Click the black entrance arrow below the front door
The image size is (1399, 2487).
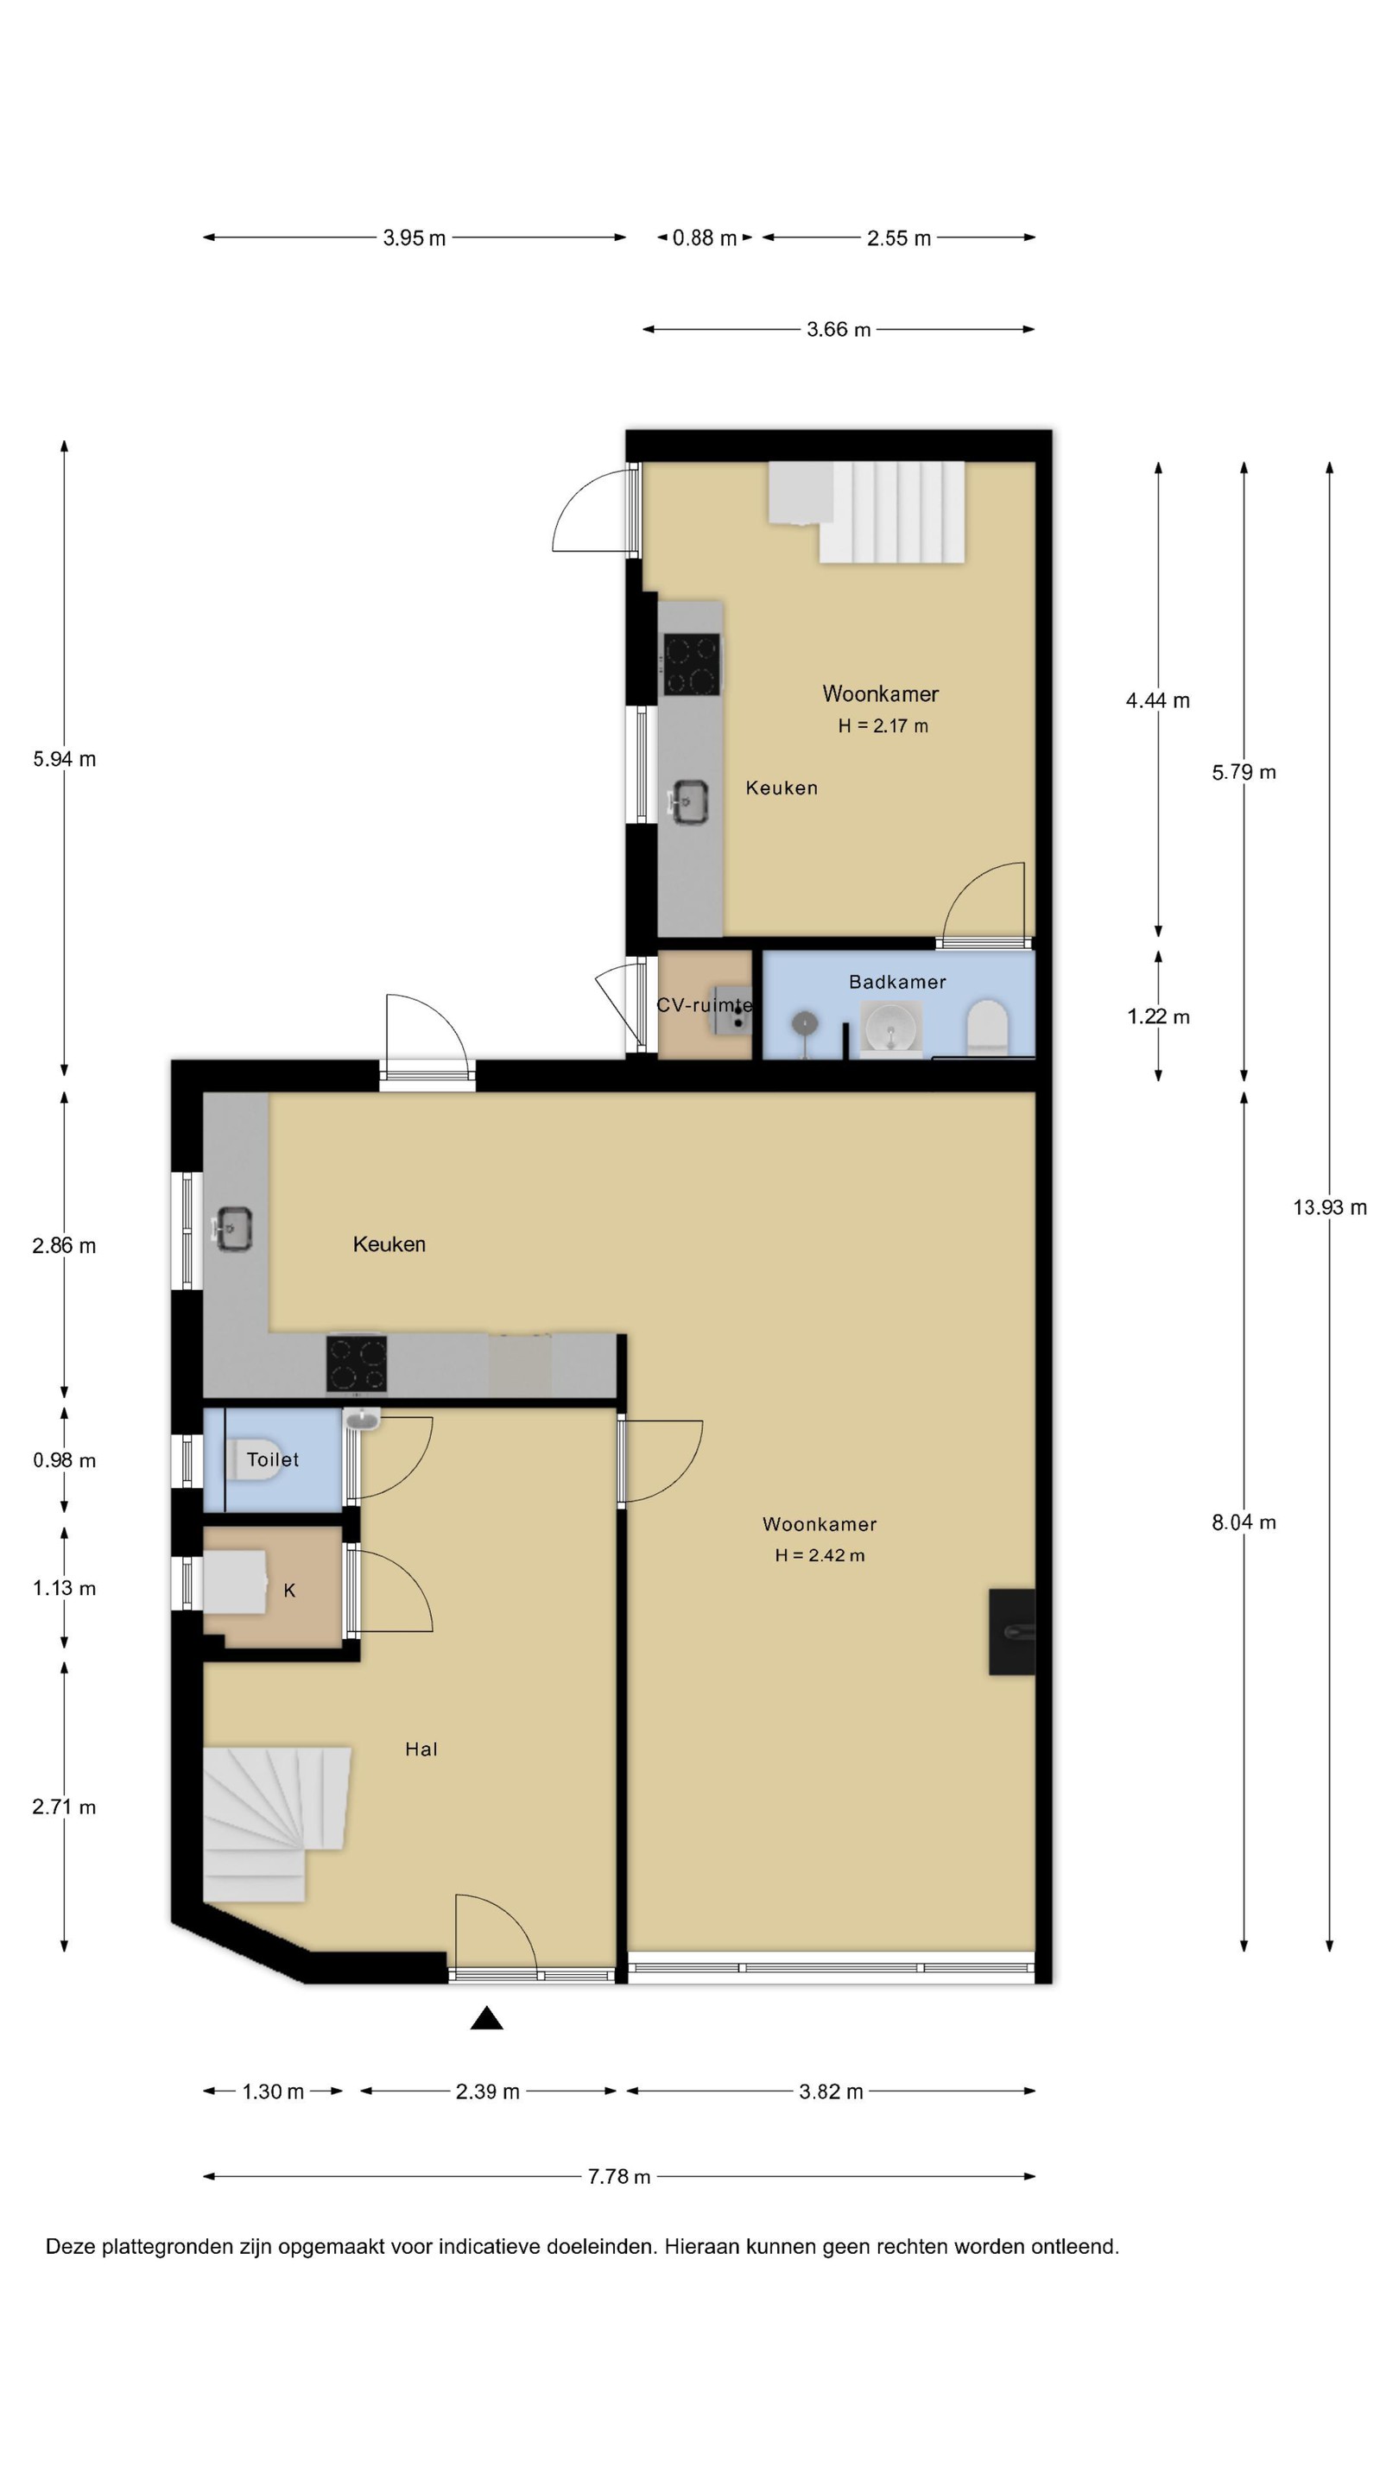486,2018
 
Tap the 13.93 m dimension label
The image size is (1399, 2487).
1330,1207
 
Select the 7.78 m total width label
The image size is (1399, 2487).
619,2176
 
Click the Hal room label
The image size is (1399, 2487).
421,1749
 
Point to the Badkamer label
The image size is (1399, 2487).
897,982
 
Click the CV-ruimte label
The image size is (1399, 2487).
705,1005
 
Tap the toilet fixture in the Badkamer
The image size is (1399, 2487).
987,1025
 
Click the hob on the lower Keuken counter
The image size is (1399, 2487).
357,1364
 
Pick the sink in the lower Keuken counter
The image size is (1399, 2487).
232,1229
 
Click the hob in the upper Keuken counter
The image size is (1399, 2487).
691,663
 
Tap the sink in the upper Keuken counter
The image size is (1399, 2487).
688,802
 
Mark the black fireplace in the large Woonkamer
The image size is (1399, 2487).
1012,1631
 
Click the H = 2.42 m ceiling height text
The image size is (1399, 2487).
820,1555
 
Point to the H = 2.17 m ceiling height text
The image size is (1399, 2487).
883,726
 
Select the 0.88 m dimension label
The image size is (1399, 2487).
704,237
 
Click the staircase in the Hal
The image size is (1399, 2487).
276,1824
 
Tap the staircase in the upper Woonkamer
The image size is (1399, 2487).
867,512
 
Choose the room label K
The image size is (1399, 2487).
289,1590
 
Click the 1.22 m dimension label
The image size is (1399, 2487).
1157,1016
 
